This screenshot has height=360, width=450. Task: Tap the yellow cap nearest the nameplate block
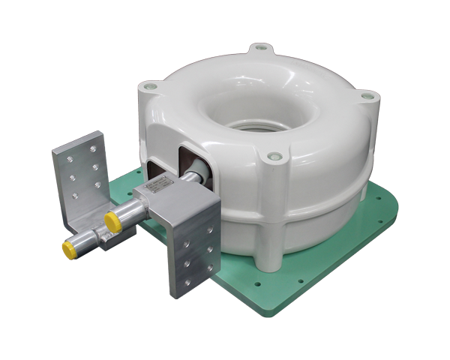(112, 220)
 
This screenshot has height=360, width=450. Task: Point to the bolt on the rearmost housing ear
(261, 49)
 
